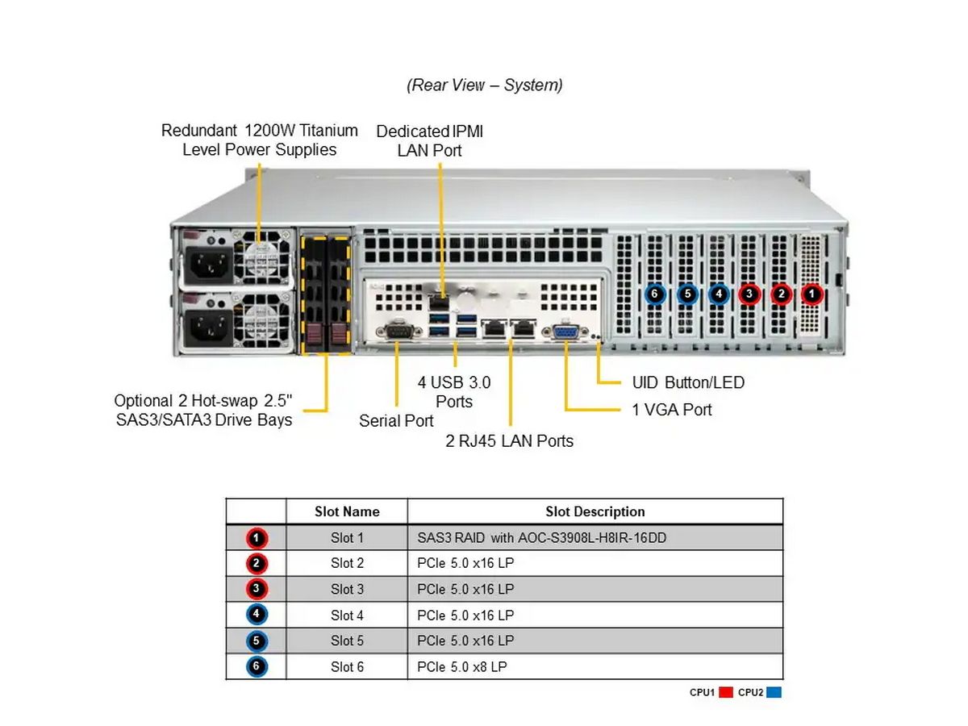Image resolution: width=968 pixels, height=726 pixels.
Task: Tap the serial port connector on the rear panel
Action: (x=398, y=332)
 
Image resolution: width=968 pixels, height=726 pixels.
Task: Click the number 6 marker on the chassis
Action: (x=655, y=294)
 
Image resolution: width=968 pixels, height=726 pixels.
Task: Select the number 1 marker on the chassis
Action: (x=812, y=294)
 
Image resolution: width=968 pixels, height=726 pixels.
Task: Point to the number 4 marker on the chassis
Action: (x=718, y=294)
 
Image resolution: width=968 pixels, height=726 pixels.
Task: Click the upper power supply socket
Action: (x=209, y=261)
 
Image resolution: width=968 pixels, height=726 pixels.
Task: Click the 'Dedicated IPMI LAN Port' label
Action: (x=430, y=140)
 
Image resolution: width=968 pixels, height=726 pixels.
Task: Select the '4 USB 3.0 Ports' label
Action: (x=453, y=391)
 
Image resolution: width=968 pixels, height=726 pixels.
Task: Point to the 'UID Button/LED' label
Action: (x=688, y=382)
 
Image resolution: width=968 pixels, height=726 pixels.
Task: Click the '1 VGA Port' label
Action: (x=672, y=410)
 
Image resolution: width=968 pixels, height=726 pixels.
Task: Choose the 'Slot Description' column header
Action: (x=595, y=511)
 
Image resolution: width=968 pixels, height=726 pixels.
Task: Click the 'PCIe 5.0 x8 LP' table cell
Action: (x=462, y=667)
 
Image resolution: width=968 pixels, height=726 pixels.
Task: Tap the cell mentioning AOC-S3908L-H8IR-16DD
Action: (x=542, y=538)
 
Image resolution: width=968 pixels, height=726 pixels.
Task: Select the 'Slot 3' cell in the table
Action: (x=347, y=590)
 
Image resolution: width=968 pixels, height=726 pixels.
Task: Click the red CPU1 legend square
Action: (x=725, y=692)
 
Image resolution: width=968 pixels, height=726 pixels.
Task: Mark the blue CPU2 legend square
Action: (x=774, y=692)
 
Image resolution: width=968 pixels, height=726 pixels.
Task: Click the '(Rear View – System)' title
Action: (x=485, y=85)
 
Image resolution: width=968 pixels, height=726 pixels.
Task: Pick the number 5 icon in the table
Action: (x=256, y=642)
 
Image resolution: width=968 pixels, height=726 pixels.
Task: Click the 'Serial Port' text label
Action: (x=396, y=421)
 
